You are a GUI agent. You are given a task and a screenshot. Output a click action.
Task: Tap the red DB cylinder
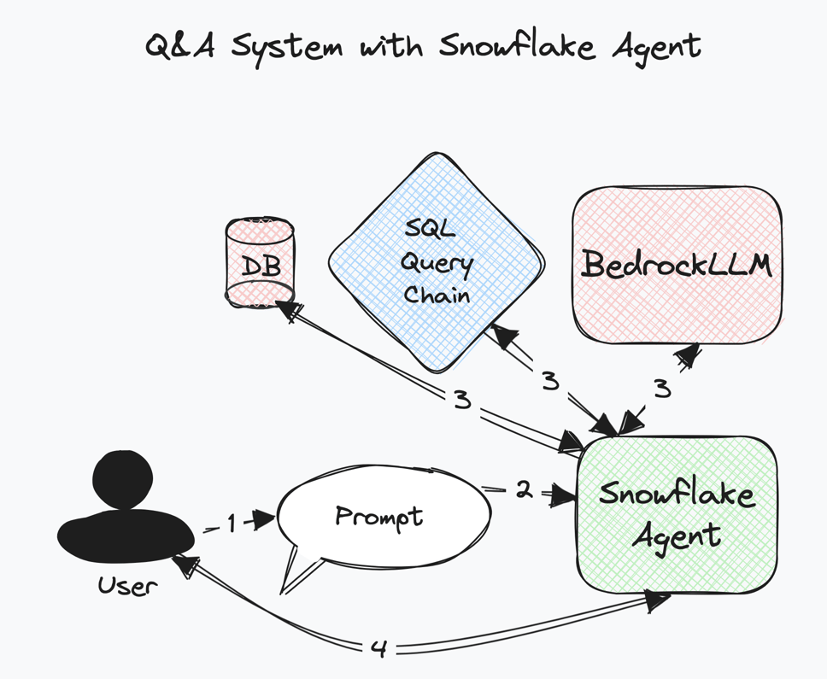[x=261, y=263]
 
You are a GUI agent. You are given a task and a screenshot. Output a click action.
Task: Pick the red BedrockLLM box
[x=677, y=265]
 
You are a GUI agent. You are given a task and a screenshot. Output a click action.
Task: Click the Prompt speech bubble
[x=381, y=516]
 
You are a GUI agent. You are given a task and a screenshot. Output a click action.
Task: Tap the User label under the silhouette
[x=127, y=586]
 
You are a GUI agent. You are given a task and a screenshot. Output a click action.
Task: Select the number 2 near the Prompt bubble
[x=524, y=489]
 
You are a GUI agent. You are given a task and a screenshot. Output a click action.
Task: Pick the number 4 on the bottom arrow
[x=378, y=649]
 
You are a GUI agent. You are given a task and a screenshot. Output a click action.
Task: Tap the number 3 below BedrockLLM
[x=662, y=389]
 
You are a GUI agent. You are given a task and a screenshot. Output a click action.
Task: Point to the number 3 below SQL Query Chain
[x=550, y=380]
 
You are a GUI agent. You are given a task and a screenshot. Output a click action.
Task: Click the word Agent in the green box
[x=677, y=537]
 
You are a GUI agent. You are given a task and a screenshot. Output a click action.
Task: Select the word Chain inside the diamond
[x=437, y=295]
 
